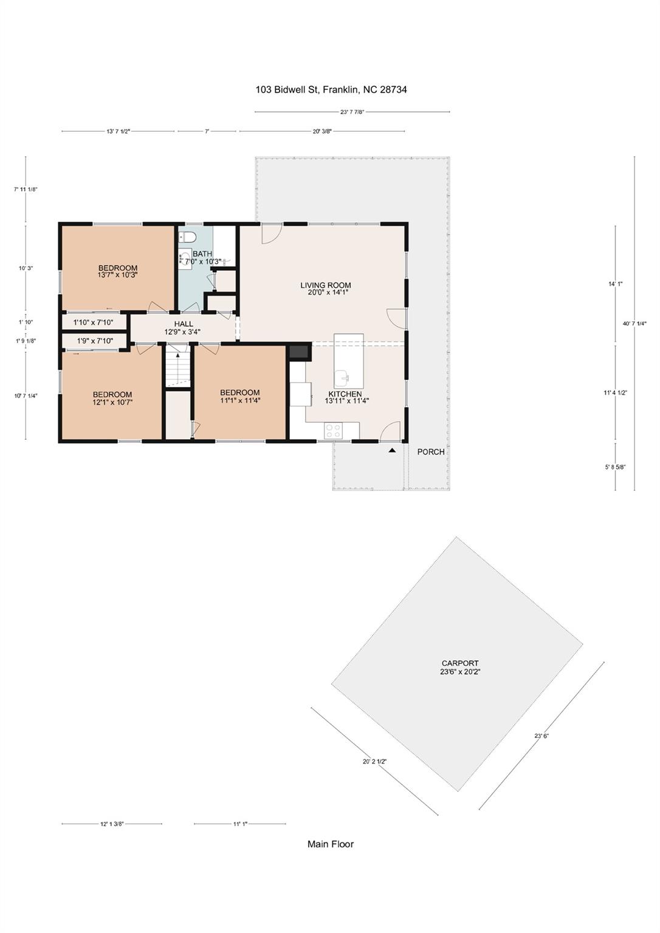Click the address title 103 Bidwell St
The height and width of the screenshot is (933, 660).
tap(331, 90)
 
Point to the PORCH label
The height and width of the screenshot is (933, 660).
tap(431, 452)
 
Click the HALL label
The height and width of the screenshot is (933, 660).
tap(183, 324)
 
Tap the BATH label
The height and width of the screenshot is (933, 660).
tap(202, 254)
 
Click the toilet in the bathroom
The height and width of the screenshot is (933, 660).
tap(188, 236)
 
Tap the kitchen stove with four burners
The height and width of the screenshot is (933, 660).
tap(333, 431)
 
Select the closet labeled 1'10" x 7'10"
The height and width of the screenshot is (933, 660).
tap(94, 323)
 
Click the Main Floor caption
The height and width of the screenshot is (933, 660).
tap(330, 844)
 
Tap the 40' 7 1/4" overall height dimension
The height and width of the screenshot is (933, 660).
tap(634, 324)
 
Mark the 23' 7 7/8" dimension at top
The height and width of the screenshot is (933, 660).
tap(352, 112)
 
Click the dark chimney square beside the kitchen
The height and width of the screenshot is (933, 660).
tap(299, 352)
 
